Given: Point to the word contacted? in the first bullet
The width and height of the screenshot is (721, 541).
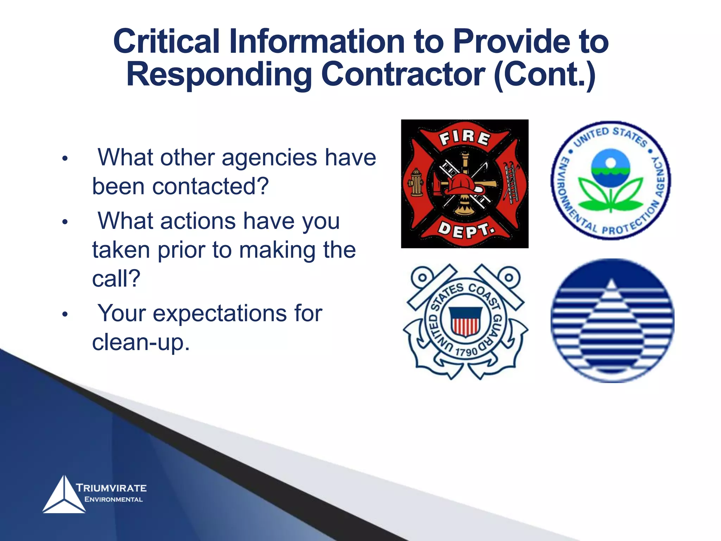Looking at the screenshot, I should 210,186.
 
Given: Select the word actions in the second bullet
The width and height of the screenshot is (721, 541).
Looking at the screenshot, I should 198,221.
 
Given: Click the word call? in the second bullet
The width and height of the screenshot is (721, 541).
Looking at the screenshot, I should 116,279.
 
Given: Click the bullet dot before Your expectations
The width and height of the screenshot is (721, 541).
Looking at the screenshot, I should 65,314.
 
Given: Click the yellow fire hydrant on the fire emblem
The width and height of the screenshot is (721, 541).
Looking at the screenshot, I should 416,182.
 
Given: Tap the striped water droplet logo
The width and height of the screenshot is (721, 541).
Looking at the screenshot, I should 612,321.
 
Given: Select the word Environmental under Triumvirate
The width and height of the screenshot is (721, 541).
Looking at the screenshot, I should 114,499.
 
